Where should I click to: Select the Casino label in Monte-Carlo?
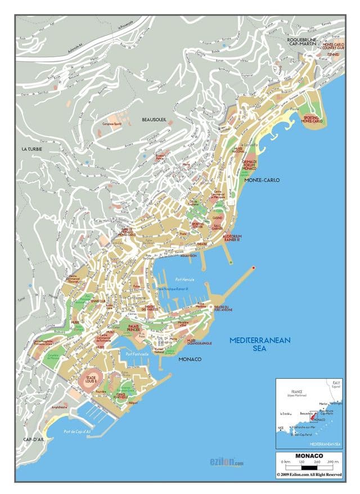tap(217, 217)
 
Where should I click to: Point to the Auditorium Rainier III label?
tap(232, 238)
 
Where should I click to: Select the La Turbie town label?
tap(32, 149)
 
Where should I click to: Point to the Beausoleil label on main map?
tap(155, 120)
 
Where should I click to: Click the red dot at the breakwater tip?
tap(254, 268)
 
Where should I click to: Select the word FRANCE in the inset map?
tap(296, 391)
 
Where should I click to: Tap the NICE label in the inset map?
tap(281, 428)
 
